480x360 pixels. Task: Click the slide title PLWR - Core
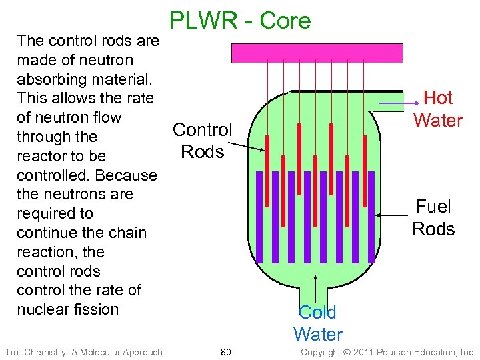240,21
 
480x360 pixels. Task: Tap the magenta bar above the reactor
317,52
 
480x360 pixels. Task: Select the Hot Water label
438,109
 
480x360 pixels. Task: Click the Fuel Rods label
433,218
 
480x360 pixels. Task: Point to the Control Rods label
202,140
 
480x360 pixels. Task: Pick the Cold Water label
317,323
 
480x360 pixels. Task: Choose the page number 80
225,352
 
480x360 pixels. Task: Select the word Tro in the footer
11,352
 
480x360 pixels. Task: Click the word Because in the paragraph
126,175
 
